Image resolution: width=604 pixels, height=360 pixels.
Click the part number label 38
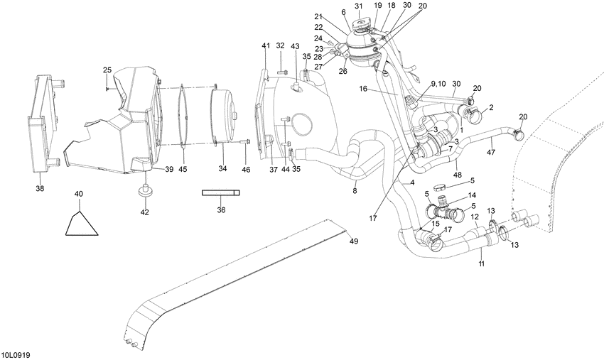click(x=39, y=189)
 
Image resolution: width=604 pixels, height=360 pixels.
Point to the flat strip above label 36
click(x=220, y=192)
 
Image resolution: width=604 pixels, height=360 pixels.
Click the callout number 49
click(x=353, y=241)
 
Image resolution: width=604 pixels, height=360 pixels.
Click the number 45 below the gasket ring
click(x=183, y=169)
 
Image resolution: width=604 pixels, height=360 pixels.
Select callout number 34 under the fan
click(x=222, y=169)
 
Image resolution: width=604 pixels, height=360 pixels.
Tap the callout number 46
click(x=246, y=169)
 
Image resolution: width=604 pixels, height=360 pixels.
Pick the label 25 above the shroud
click(x=107, y=70)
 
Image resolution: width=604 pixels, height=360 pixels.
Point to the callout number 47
click(x=491, y=152)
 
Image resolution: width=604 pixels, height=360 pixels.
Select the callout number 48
click(x=456, y=175)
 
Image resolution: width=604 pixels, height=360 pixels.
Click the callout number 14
click(x=472, y=195)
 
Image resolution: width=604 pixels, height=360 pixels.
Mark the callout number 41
click(x=266, y=46)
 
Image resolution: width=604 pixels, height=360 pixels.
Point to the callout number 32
click(x=280, y=46)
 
